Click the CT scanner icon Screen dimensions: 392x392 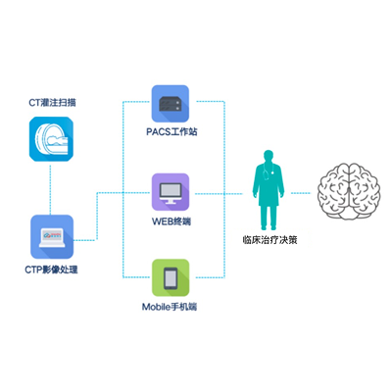click(x=51, y=139)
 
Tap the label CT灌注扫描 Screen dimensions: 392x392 click(x=52, y=103)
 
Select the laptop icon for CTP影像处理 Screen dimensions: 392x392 click(x=52, y=236)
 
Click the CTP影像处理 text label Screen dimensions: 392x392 click(x=51, y=269)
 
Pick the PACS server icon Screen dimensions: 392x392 click(x=171, y=104)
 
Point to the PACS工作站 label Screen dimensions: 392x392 click(x=171, y=131)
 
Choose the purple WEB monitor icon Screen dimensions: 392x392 click(x=171, y=192)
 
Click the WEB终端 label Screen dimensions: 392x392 click(x=171, y=221)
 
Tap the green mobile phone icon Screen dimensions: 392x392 click(x=171, y=277)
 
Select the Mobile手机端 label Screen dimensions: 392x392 click(x=170, y=307)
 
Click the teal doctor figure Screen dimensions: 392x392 click(x=269, y=190)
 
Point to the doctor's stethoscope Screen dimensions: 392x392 click(x=266, y=171)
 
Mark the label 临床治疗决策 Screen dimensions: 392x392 click(x=269, y=240)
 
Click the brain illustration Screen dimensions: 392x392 click(x=349, y=191)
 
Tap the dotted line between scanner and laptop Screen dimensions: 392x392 click(x=50, y=188)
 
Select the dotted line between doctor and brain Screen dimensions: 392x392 click(x=300, y=193)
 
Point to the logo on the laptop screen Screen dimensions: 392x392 click(x=52, y=234)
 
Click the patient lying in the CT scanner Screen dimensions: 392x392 click(x=58, y=141)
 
